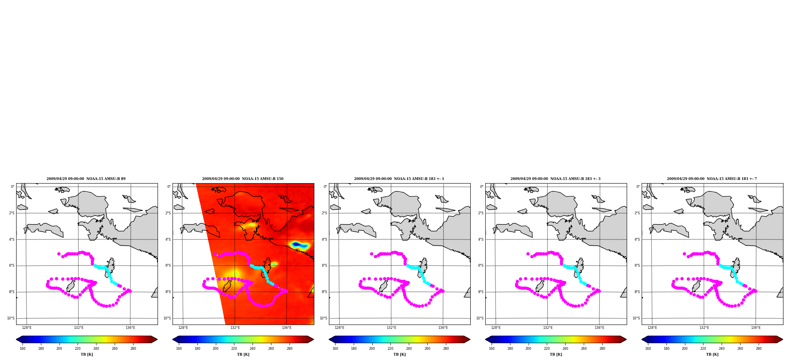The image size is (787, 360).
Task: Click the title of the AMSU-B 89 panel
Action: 86,179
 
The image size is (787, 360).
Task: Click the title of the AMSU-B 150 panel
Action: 243,179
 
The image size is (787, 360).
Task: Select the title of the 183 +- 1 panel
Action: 399,179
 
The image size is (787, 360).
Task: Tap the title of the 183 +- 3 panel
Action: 555,179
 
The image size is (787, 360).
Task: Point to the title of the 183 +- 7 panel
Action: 712,179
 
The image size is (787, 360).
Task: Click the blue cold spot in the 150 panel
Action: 299,245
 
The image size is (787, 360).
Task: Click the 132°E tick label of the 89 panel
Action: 78,328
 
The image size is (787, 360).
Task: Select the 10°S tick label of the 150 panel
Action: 167,318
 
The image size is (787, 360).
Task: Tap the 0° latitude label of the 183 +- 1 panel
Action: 325,187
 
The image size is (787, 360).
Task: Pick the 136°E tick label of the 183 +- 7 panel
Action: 756,328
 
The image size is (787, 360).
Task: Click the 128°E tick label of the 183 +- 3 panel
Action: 496,328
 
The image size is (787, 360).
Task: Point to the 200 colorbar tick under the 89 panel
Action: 59,349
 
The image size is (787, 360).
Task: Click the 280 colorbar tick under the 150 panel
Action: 290,349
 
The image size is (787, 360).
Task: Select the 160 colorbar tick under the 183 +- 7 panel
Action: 648,349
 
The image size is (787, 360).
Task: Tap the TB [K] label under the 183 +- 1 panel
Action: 399,354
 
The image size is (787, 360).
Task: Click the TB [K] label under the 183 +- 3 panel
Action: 556,354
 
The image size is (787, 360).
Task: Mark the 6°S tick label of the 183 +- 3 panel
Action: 481,265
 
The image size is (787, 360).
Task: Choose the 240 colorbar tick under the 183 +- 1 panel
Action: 409,349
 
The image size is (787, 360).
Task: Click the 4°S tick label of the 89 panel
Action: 12,239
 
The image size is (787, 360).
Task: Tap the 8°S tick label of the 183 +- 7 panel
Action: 637,292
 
